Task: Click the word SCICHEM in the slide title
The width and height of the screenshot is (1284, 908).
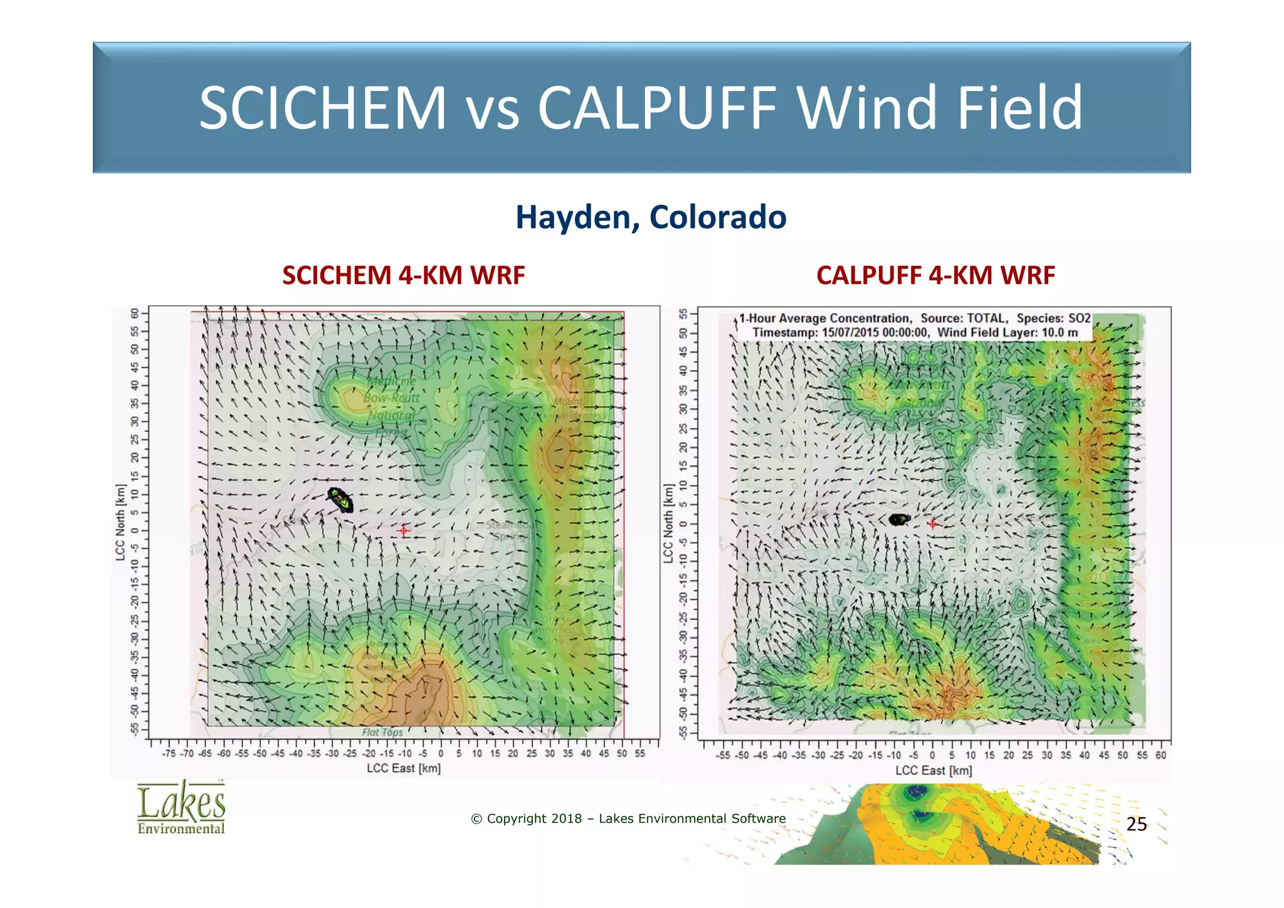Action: (x=323, y=108)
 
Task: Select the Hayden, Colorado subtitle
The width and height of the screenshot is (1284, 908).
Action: (x=651, y=217)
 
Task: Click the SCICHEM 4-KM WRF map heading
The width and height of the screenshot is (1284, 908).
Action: (x=403, y=275)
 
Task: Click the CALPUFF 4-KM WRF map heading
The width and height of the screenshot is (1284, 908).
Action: (x=935, y=275)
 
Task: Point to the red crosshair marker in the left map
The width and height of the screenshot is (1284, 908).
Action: (x=403, y=531)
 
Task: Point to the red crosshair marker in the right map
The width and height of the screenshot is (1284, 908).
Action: (x=932, y=524)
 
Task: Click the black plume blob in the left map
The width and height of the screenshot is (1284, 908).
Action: (x=341, y=500)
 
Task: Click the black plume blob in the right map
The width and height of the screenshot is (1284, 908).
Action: (x=899, y=519)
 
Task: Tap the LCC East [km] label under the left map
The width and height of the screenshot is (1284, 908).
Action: (x=403, y=768)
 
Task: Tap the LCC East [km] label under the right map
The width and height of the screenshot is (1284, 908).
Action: (x=933, y=770)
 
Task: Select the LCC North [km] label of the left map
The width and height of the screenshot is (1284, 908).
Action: (x=120, y=522)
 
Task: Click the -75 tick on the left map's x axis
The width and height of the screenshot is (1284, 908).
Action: (x=169, y=754)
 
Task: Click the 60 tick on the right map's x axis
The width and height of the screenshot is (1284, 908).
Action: (x=1160, y=756)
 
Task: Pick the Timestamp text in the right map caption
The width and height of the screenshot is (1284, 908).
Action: (x=784, y=332)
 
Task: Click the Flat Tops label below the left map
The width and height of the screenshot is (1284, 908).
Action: (x=382, y=732)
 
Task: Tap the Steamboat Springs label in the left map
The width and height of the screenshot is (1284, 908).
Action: (x=508, y=531)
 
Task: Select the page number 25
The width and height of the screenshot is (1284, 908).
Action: (x=1136, y=824)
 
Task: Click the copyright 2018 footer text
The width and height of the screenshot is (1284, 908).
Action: (x=628, y=818)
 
